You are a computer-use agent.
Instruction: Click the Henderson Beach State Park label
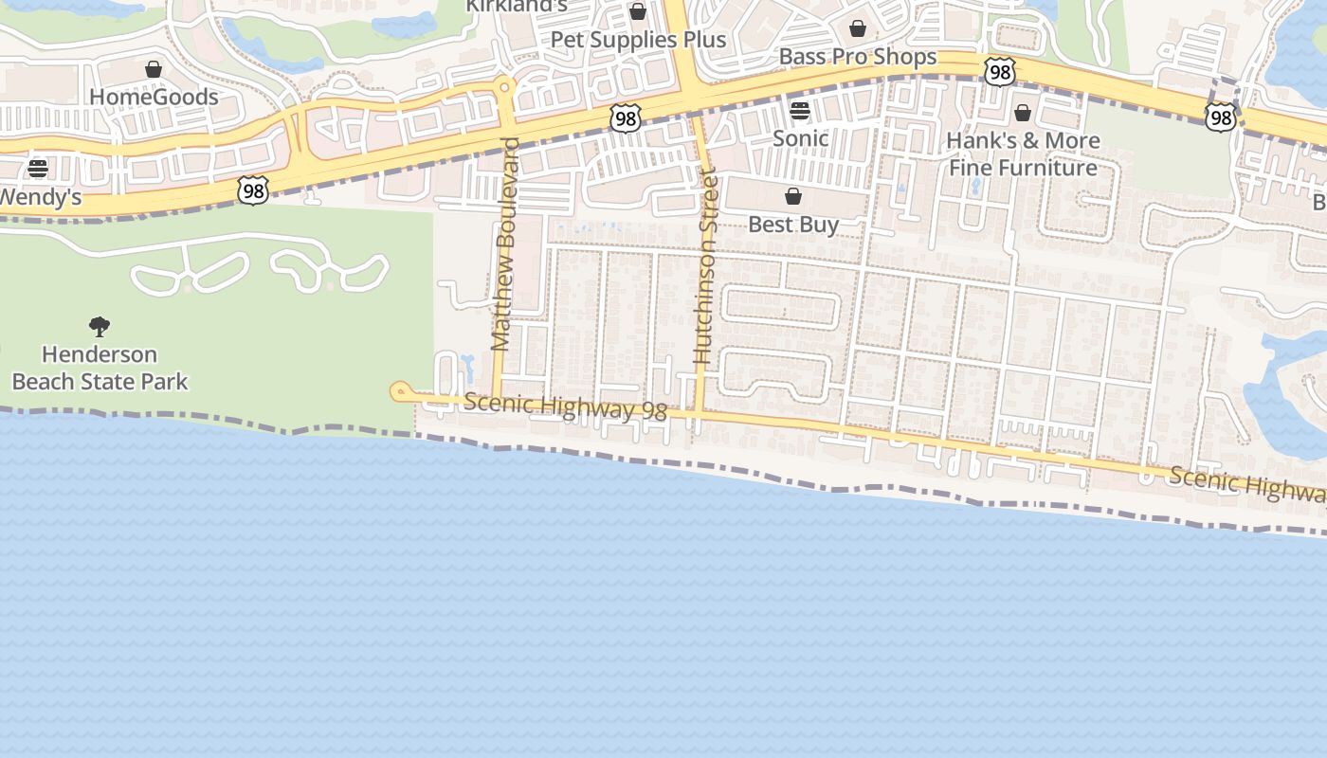100,368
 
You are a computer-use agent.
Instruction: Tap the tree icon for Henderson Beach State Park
100,327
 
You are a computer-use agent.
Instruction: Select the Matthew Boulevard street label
505,244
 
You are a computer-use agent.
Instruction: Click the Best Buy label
793,225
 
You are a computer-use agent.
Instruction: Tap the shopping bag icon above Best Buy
793,196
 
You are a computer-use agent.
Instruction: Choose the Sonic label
801,138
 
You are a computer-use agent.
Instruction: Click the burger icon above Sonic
800,111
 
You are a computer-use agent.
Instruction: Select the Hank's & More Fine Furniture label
1023,154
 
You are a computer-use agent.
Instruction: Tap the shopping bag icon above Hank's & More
1023,114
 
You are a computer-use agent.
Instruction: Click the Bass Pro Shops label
858,57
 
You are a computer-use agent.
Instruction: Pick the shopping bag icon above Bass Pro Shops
858,28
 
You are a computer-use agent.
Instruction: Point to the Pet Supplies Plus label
638,40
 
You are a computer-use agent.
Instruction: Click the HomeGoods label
154,97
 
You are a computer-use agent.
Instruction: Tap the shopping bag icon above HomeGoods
154,69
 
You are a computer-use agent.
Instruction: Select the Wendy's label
40,198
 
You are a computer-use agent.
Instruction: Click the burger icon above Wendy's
38,169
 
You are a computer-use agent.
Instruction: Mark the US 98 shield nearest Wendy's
253,190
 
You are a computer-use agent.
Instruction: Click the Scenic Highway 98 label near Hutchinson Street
566,406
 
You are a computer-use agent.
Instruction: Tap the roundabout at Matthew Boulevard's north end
505,87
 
